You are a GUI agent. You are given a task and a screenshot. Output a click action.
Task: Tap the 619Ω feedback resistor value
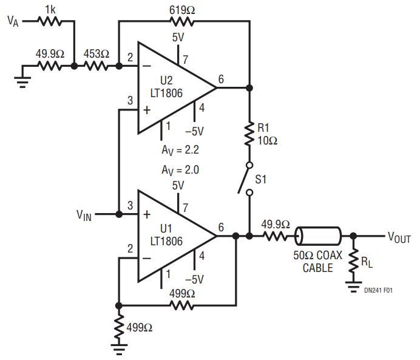click(x=183, y=8)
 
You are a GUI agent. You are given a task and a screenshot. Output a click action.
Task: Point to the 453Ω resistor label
click(x=96, y=54)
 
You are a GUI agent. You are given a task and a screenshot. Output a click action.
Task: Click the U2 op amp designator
click(x=167, y=81)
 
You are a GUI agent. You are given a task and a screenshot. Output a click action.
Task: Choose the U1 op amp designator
click(x=167, y=228)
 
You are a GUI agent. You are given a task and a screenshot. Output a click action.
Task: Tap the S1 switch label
click(x=261, y=180)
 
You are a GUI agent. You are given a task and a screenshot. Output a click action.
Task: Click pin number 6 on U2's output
click(x=220, y=80)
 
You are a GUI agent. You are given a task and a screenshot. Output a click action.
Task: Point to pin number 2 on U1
click(x=129, y=248)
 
